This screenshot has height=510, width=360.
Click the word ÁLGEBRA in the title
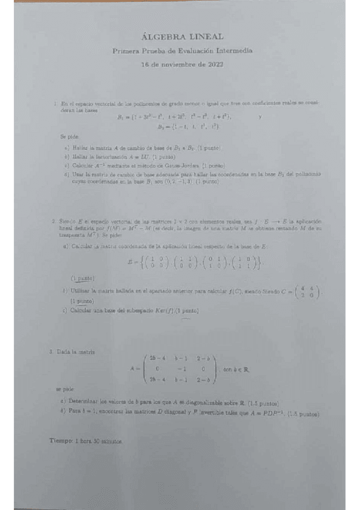[x=162, y=37]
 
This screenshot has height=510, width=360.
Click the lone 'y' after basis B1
[x=260, y=118]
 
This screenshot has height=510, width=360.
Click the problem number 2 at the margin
[x=54, y=222]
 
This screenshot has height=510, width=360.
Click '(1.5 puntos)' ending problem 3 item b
[x=303, y=414]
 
